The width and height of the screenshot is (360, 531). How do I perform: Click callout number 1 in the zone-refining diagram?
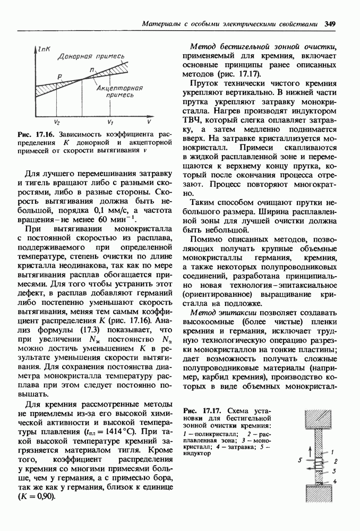click(x=332, y=451)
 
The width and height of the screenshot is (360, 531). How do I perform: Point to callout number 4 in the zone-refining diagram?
click(x=333, y=482)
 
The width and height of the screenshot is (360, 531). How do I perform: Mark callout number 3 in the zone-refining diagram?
click(x=333, y=470)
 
